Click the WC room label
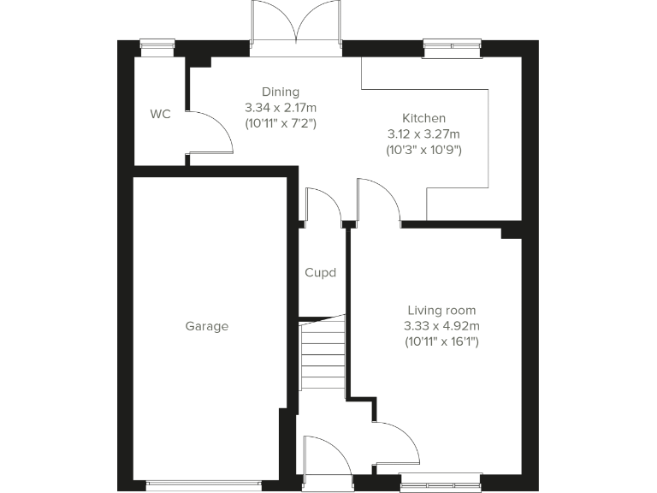tap(161, 114)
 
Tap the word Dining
tap(281, 92)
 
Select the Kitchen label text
tap(423, 118)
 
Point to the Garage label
tap(207, 326)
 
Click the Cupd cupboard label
tap(321, 273)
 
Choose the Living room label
tap(441, 311)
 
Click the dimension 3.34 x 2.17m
tap(281, 108)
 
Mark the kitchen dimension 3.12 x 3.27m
tap(423, 134)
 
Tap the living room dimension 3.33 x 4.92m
tap(441, 326)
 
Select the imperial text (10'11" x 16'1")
tap(441, 342)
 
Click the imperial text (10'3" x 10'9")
tap(423, 150)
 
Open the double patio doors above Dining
tap(296, 26)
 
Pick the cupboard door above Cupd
tap(323, 205)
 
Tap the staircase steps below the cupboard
tap(323, 353)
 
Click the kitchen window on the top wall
tap(453, 47)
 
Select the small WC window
tap(155, 48)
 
